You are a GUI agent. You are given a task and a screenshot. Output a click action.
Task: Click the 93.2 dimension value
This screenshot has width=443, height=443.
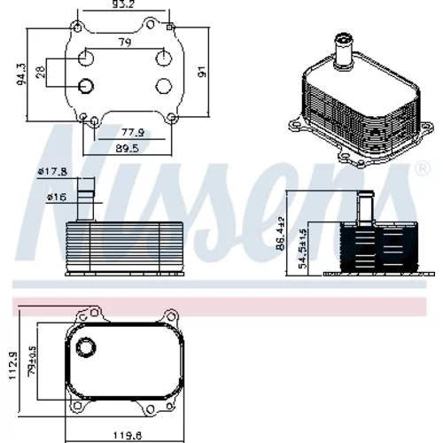click(124, 4)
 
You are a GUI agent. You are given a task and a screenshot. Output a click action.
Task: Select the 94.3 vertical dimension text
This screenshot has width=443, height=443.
click(21, 74)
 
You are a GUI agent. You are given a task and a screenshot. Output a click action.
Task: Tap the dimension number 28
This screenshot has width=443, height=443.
click(41, 72)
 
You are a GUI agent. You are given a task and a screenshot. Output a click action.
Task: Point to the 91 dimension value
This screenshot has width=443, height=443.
click(201, 72)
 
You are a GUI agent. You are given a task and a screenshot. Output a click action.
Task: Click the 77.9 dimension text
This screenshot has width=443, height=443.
click(133, 132)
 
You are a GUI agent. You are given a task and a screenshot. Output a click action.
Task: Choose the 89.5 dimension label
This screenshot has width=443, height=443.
click(127, 148)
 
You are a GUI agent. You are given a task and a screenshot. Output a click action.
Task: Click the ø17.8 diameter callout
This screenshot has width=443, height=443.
click(52, 171)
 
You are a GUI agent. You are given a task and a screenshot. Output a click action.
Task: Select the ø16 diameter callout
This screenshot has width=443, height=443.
click(57, 197)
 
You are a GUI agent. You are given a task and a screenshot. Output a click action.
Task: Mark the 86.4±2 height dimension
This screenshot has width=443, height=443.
click(281, 233)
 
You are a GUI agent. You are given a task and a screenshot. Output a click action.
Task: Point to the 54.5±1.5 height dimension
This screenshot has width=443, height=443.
click(303, 249)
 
